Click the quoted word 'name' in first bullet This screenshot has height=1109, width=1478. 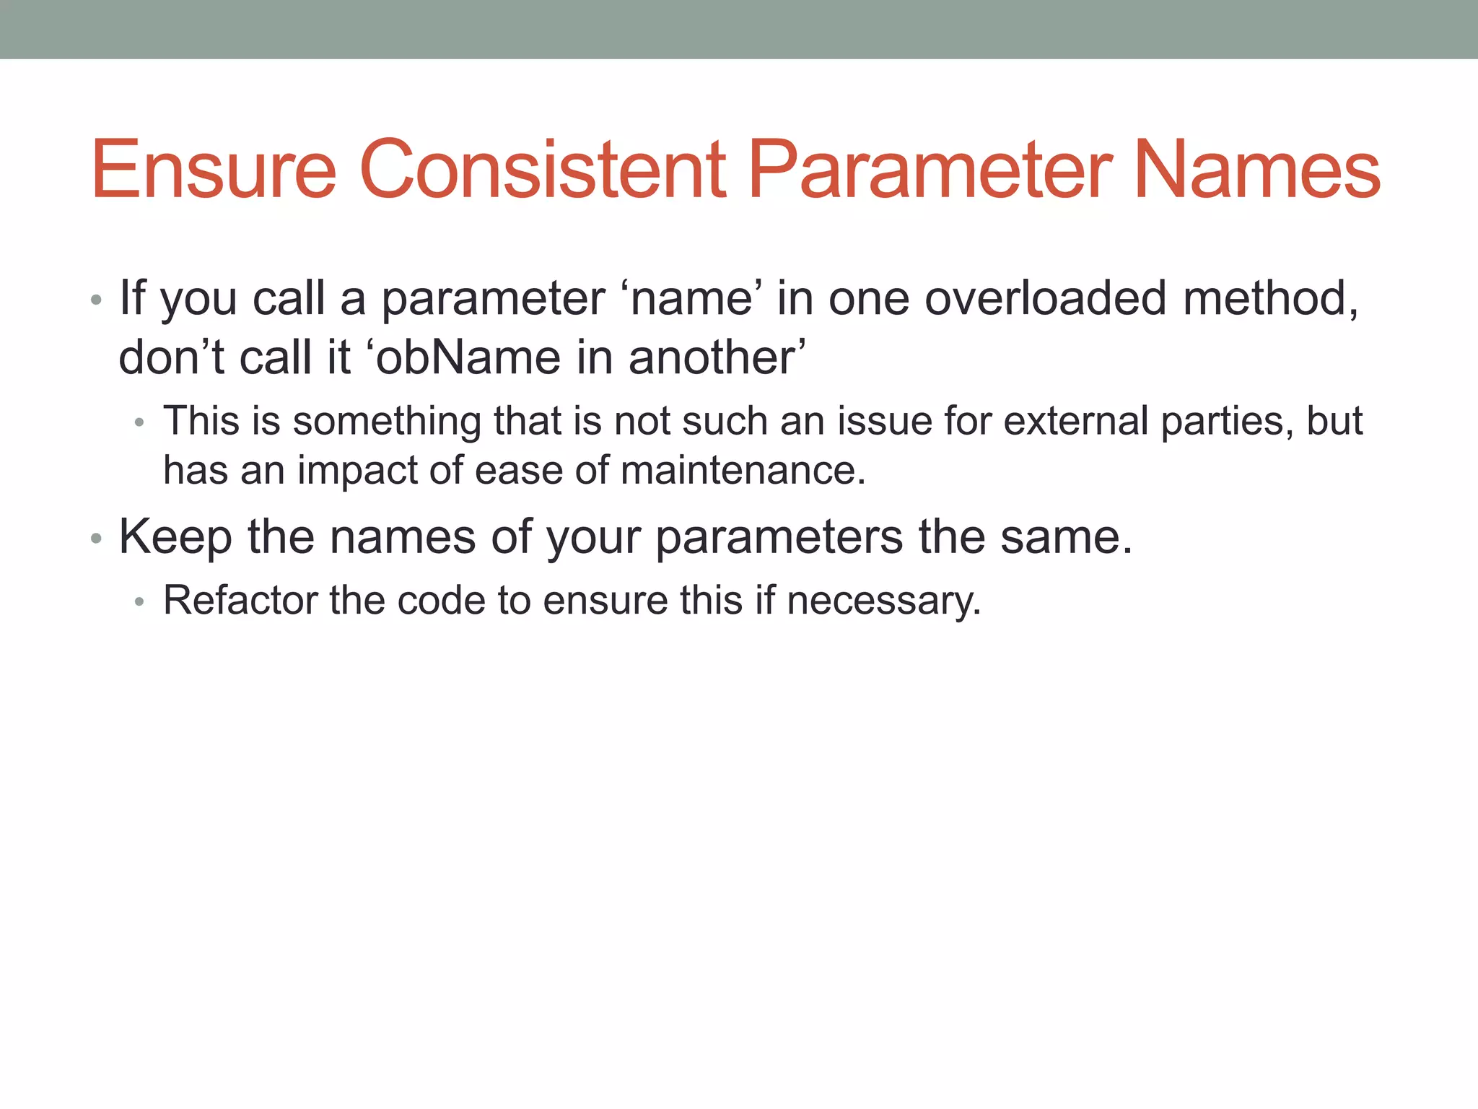[x=691, y=298]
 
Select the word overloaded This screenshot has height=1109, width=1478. [x=1046, y=298]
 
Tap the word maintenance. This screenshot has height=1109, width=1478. [x=743, y=471]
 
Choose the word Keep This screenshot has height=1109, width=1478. [x=175, y=537]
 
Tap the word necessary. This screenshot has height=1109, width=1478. [x=884, y=600]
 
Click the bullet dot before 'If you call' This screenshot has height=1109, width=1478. [x=96, y=300]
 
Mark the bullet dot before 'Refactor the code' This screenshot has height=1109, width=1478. [x=140, y=602]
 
